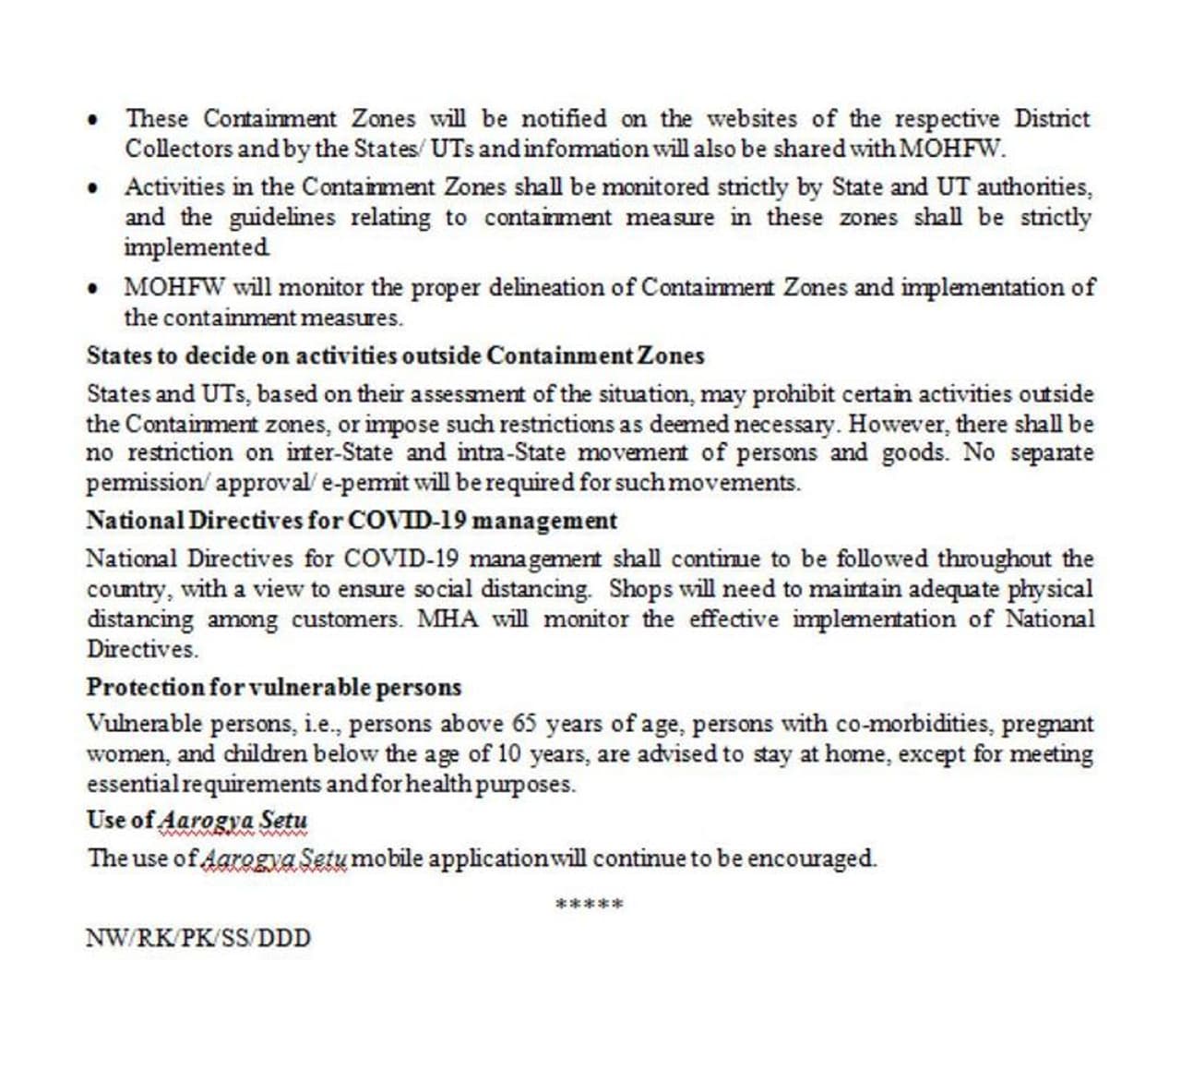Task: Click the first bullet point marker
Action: (91, 121)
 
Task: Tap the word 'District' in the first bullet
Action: (1052, 119)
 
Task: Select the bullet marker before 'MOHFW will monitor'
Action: (91, 288)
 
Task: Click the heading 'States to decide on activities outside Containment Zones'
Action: (395, 356)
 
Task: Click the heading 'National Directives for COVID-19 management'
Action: (352, 521)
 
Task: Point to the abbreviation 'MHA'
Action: (448, 619)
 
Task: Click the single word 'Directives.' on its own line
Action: (142, 649)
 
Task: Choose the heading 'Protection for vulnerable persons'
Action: (274, 688)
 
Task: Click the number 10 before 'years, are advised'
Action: (508, 754)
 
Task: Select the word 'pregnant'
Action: (1047, 725)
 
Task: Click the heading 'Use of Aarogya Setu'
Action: (197, 820)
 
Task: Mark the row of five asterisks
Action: (590, 904)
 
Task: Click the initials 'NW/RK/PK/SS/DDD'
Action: (198, 939)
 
